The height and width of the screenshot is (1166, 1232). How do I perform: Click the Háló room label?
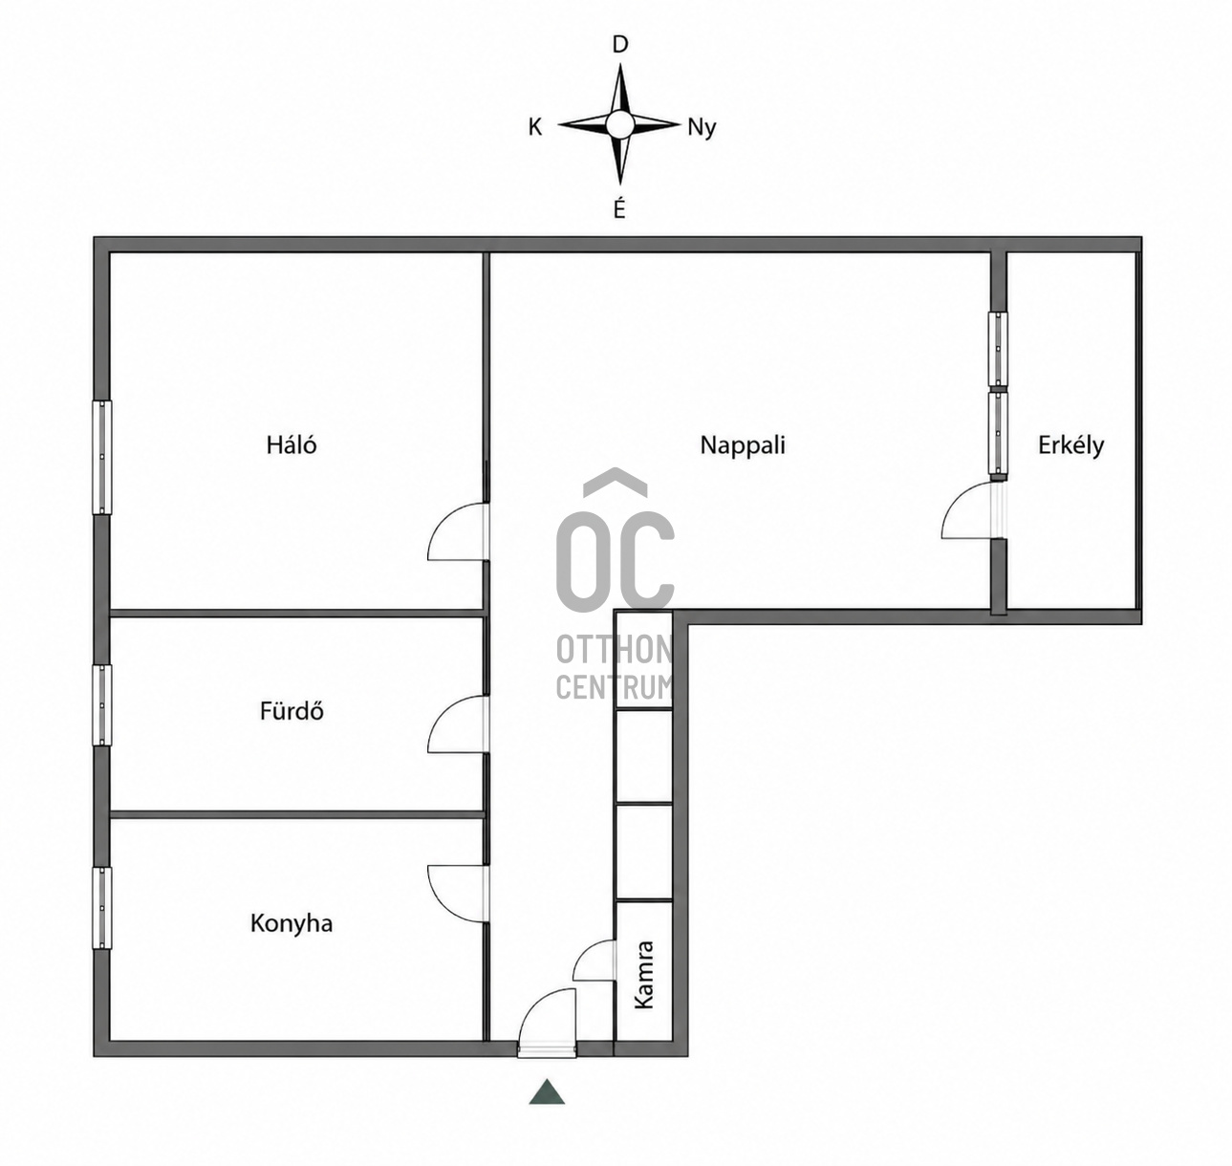[x=292, y=444]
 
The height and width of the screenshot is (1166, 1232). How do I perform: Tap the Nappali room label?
[x=743, y=445]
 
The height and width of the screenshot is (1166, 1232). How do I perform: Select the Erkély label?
[x=1070, y=445]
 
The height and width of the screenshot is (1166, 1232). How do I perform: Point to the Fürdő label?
[x=292, y=711]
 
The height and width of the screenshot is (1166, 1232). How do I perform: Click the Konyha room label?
[x=292, y=923]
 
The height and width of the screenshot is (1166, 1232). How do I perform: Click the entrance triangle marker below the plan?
[x=547, y=1091]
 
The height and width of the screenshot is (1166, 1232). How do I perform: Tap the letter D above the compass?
[x=619, y=45]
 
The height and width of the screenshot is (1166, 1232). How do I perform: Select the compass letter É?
[x=619, y=207]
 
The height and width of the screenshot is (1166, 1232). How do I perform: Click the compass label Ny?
[x=702, y=128]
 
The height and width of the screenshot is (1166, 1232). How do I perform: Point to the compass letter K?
[x=534, y=127]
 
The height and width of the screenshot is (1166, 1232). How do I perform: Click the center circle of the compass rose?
[x=619, y=124]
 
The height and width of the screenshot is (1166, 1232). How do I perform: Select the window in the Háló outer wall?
[x=102, y=458]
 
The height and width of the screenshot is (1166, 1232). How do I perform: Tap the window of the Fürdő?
[x=102, y=705]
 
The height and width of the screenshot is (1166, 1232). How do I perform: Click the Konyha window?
[x=102, y=908]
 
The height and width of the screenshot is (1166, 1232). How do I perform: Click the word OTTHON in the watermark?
[x=615, y=650]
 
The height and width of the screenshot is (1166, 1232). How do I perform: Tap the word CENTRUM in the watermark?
[x=615, y=687]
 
